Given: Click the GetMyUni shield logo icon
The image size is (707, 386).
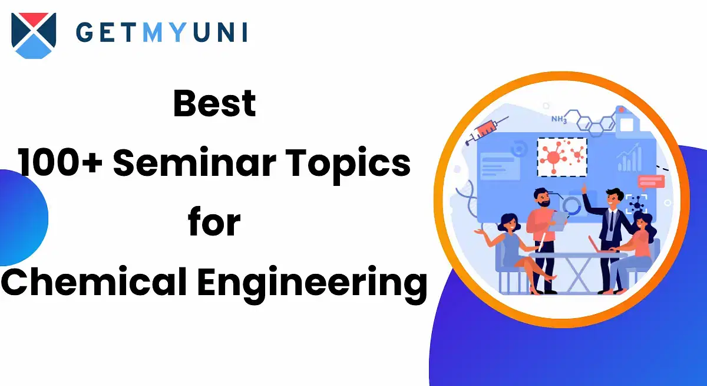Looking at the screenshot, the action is coord(34,35).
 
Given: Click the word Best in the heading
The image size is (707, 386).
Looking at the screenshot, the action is coord(214,103).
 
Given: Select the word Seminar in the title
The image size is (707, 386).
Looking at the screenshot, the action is coord(195,162).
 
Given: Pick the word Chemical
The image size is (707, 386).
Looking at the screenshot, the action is coord(94,281).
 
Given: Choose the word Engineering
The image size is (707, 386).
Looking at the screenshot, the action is coord(312,283).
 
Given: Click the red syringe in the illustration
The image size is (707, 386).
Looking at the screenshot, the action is coord(487,130).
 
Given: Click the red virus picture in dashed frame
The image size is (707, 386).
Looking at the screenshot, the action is coord(562,157).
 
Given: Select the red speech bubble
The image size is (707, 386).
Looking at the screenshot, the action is coord(652,182).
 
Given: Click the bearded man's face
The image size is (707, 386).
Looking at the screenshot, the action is coord(543,198).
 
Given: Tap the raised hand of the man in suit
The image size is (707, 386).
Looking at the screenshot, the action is coord(584,189).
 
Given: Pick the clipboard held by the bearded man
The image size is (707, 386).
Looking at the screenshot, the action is coord(558,221).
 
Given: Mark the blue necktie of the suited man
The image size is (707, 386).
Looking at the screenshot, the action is coord(612,221).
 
